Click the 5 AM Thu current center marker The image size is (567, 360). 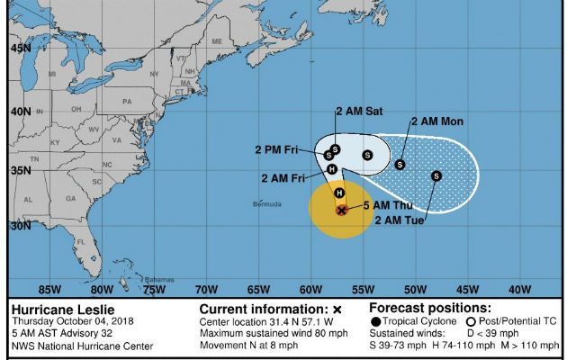click(341, 210)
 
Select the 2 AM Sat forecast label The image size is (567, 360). click(359, 111)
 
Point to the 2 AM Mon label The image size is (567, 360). click(438, 121)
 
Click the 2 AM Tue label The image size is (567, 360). click(399, 220)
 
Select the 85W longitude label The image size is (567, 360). click(50, 289)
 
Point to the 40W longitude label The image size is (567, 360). click(518, 289)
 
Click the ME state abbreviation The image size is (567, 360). click(217, 41)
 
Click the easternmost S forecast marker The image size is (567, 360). click(436, 175)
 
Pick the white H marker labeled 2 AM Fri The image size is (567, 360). click(332, 168)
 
